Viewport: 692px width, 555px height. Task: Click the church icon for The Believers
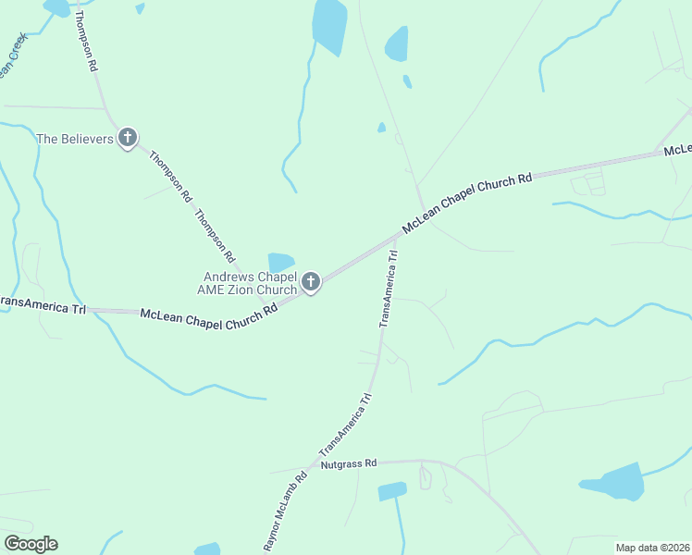coord(128,139)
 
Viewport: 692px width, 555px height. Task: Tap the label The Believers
coord(74,140)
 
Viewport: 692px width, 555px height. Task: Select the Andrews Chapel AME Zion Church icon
coord(311,281)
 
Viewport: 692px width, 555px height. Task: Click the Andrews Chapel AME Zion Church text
coord(250,283)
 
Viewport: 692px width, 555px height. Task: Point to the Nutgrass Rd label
coord(350,463)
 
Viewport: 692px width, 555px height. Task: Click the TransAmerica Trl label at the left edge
coord(43,305)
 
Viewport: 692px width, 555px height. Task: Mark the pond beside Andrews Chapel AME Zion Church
coord(281,263)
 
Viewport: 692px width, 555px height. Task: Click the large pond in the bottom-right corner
coord(613,482)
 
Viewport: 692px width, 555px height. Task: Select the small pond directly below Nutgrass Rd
coord(392,491)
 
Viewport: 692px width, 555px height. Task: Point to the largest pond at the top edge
coord(329,25)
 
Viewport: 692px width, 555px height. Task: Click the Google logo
coord(31,544)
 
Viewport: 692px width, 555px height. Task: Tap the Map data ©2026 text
coord(652,548)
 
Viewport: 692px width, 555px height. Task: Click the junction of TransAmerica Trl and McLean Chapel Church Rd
coord(397,237)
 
